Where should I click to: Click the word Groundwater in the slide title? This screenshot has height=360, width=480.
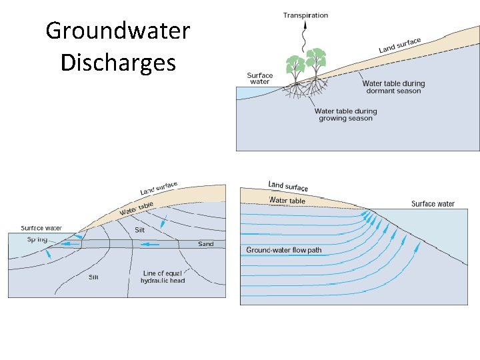tap(118, 31)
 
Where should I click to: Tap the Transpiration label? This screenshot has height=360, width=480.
tap(305, 15)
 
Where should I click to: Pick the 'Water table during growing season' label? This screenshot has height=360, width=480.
tap(345, 115)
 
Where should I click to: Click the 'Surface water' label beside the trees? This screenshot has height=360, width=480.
tap(259, 79)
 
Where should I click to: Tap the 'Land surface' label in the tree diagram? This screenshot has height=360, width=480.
tap(400, 45)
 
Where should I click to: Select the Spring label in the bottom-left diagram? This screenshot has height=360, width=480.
tap(37, 239)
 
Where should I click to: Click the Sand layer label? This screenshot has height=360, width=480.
tap(206, 244)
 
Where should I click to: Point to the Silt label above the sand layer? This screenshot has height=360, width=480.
tap(139, 230)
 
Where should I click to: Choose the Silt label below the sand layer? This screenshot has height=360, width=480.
tap(94, 277)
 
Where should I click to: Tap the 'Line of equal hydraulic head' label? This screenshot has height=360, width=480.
tap(163, 277)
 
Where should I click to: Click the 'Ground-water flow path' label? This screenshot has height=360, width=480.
tap(283, 251)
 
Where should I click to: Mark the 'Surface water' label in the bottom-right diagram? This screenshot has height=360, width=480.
tap(433, 204)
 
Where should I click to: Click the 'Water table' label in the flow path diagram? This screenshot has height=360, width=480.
tap(287, 200)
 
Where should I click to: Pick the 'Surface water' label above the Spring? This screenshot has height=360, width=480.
tap(41, 228)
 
